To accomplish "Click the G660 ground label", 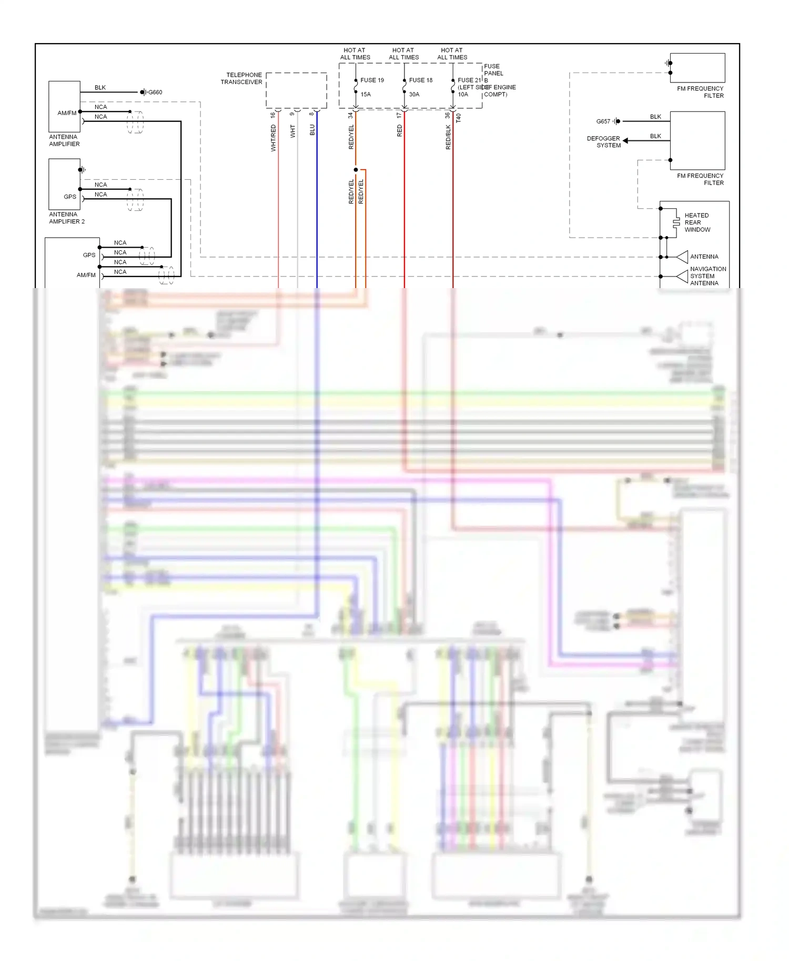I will (155, 93).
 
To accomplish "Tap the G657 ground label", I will (603, 121).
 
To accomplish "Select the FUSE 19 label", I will (372, 80).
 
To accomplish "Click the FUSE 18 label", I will (421, 80).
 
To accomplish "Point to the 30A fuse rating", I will (414, 95).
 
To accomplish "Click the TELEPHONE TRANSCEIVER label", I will (241, 78).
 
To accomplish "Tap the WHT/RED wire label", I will (273, 138).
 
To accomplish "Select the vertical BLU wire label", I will (312, 130).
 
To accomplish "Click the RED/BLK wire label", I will (448, 137).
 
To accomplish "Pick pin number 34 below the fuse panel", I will (350, 115).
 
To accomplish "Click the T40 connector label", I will (459, 118).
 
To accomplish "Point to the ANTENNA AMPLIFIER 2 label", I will (66, 218).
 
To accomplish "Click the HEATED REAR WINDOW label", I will (697, 222).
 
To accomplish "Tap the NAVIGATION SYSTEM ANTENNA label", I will (707, 276).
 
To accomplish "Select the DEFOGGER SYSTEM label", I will (604, 142).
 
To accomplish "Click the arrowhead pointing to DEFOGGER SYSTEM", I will (625, 141).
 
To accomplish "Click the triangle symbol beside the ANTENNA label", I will (682, 257).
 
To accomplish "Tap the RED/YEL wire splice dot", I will (356, 170).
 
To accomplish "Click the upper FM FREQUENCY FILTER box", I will (697, 68).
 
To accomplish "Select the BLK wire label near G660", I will (100, 88).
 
